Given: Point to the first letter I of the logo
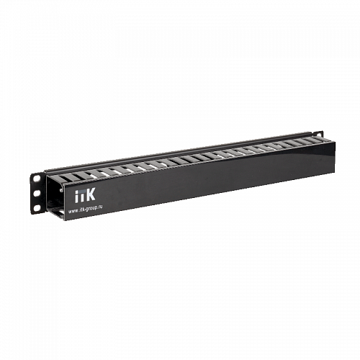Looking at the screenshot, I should (x=78, y=196).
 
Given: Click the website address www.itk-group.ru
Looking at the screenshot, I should (x=91, y=211).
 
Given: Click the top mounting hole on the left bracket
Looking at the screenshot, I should (x=35, y=178).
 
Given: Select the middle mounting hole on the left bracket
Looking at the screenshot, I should (x=36, y=193).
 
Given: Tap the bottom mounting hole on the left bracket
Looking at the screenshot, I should (x=37, y=207).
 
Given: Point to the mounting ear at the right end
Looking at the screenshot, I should (x=318, y=136).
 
